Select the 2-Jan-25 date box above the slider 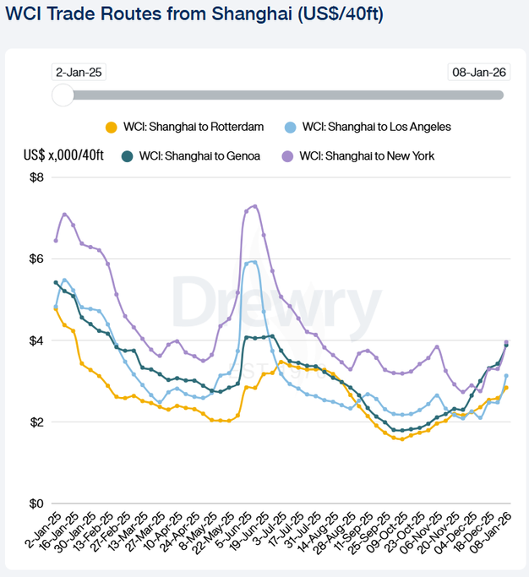pyautogui.click(x=79, y=72)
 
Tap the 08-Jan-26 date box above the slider pyautogui.click(x=479, y=72)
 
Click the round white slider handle pyautogui.click(x=63, y=95)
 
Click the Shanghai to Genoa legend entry pyautogui.click(x=191, y=155)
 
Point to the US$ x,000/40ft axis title pyautogui.click(x=64, y=155)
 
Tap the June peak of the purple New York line pyautogui.click(x=255, y=205)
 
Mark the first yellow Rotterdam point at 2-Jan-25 pyautogui.click(x=56, y=309)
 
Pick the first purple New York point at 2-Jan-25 pyautogui.click(x=56, y=240)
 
